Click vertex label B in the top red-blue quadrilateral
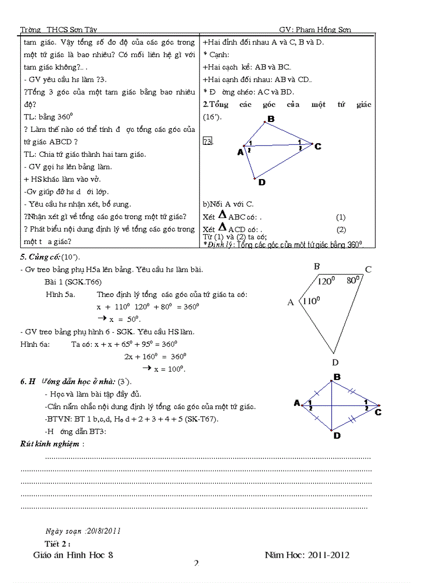271,119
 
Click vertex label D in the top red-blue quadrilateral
262,182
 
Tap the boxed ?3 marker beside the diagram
207,141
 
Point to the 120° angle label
327,281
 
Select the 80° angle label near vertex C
353,281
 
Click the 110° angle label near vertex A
311,301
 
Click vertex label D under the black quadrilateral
335,362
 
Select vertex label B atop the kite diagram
337,377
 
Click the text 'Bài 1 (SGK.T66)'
73,282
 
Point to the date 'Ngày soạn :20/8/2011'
83,531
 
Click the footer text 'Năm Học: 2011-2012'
307,555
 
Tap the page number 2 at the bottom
196,563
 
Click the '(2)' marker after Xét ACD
341,229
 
